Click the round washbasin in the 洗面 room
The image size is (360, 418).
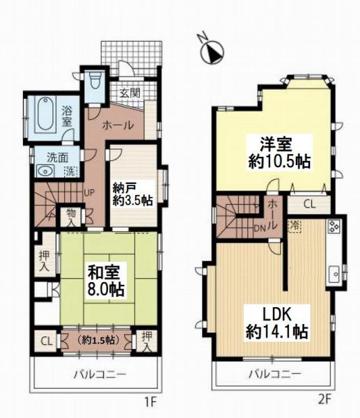coord(43,171)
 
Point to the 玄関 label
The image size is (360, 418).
coord(130,93)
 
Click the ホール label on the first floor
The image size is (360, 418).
coord(118,125)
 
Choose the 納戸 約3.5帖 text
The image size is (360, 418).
coord(132,194)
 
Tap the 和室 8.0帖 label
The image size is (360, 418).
coord(106,281)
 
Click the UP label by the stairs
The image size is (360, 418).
coord(89,193)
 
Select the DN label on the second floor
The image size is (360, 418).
coord(260,229)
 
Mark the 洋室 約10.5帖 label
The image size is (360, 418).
coord(279,153)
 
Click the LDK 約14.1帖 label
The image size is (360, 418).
coord(277,323)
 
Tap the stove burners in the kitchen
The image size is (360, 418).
coord(334,227)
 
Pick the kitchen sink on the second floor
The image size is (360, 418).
coord(334,274)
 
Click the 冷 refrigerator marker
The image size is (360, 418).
coord(295,226)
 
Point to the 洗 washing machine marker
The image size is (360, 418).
coord(70,171)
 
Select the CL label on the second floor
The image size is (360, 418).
coord(310,204)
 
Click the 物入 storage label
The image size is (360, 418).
coord(71,218)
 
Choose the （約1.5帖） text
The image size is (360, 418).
coord(96,341)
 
